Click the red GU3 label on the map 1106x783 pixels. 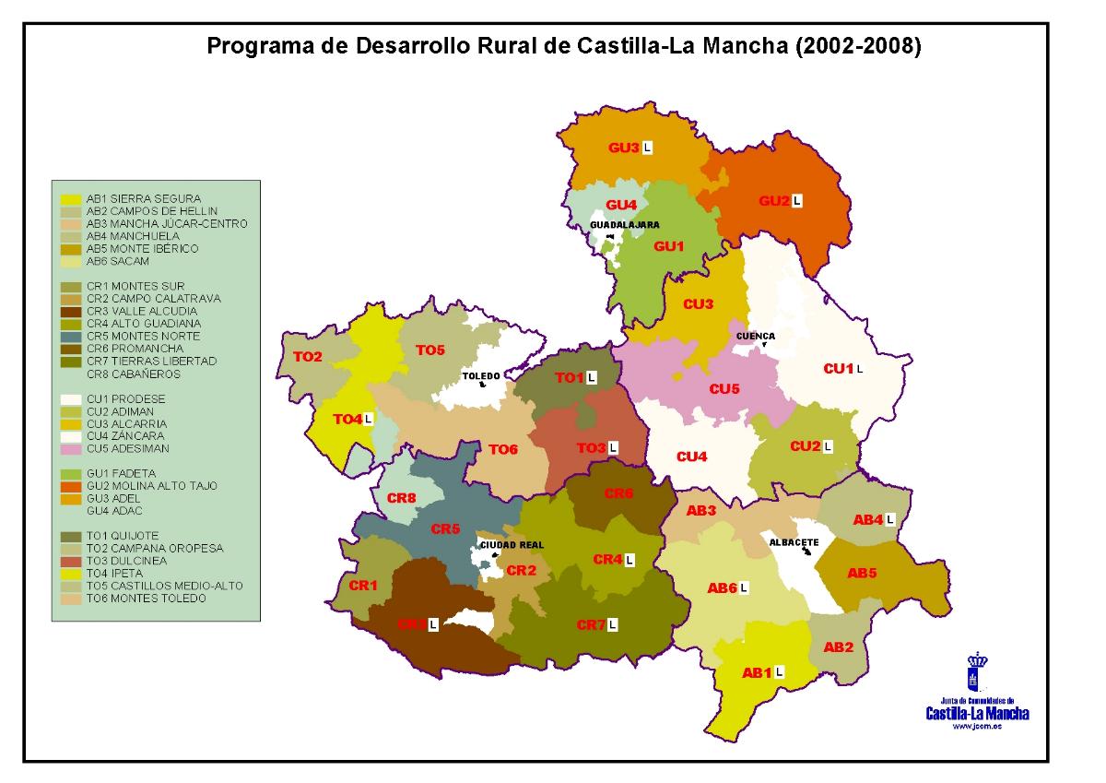pos(623,148)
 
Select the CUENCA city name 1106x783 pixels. pos(755,336)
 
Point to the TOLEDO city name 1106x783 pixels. pos(480,376)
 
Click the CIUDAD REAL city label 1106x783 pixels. pos(512,545)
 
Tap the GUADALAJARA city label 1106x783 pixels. pos(624,225)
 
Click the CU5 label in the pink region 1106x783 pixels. pos(724,389)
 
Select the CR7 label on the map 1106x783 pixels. pos(591,625)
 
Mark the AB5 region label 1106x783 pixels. pos(862,574)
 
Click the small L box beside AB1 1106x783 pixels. pos(779,672)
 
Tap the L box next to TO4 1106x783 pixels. pos(369,419)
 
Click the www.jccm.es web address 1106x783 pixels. pos(977,727)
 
